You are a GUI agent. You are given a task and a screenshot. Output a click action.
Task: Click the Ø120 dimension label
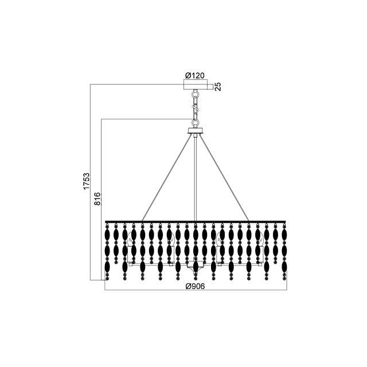point(195,75)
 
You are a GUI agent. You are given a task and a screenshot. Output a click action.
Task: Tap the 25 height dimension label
point(218,87)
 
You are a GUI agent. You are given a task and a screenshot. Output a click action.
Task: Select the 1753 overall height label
point(87,181)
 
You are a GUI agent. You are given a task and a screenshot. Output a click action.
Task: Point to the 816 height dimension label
point(97,199)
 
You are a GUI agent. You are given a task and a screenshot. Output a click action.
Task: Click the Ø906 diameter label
point(195,286)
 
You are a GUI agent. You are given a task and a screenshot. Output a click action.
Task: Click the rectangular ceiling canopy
point(196,84)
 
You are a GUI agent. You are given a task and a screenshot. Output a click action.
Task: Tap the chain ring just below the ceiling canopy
point(195,94)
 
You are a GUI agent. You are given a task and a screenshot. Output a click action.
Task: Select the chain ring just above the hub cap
point(195,123)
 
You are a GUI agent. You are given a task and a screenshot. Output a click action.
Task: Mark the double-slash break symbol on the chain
point(196,108)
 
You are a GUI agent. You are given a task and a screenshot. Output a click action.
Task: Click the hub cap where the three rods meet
point(196,131)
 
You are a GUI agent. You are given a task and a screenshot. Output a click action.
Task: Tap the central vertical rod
point(196,178)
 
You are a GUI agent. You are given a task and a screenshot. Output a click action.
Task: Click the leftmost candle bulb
point(130,239)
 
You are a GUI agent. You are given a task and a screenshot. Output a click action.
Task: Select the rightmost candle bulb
point(260,239)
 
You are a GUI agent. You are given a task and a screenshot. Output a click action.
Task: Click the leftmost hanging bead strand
point(107,252)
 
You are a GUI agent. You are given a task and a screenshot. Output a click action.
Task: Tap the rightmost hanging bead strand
point(284,252)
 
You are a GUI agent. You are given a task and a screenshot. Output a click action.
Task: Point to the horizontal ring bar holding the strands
point(196,221)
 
